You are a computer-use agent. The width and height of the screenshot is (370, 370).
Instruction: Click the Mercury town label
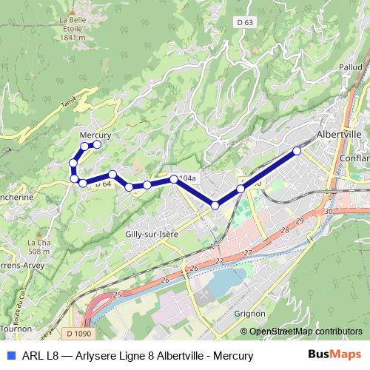click(95, 135)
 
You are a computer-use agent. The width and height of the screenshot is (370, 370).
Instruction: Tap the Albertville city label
click(338, 135)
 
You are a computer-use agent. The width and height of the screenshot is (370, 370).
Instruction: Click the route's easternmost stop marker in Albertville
click(297, 151)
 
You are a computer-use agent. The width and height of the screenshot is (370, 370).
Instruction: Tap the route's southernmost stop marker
click(215, 205)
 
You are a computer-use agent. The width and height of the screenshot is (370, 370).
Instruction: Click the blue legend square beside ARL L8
click(10, 355)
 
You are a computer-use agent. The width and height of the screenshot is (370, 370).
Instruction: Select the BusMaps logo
click(334, 355)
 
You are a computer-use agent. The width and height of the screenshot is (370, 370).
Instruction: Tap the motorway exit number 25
click(117, 295)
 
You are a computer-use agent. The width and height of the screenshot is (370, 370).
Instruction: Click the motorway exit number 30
click(328, 212)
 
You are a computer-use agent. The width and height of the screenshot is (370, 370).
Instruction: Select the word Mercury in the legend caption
click(235, 356)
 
